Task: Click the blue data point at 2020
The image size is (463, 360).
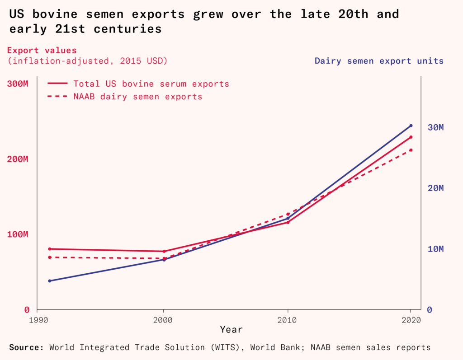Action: tap(411, 126)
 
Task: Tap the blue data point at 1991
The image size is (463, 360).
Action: tap(50, 281)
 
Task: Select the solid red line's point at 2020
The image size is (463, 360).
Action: tap(411, 137)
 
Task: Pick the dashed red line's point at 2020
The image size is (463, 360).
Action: tap(411, 150)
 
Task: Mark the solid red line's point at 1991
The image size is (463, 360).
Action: tap(50, 249)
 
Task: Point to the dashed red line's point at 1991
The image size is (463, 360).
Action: tap(50, 257)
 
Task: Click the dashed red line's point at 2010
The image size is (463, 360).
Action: tap(288, 214)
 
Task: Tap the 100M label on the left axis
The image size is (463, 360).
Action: tap(19, 234)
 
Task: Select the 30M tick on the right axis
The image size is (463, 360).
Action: tap(435, 127)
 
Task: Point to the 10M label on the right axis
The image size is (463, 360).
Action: tap(435, 249)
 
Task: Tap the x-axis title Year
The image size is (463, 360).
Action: tap(231, 330)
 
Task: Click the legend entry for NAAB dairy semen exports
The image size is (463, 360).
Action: tap(137, 97)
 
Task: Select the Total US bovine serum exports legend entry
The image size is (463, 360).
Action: tap(151, 84)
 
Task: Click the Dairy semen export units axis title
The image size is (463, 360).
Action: tap(379, 61)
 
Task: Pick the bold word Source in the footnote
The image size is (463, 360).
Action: tap(26, 347)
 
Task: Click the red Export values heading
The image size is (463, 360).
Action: tap(42, 51)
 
